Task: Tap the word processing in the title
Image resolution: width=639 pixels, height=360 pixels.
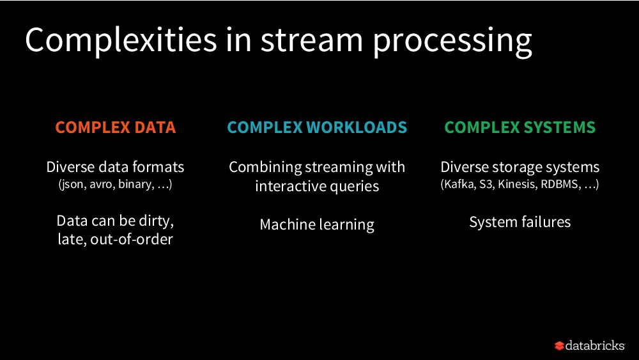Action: click(452, 41)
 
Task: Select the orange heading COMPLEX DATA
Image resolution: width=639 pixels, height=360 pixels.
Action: click(115, 127)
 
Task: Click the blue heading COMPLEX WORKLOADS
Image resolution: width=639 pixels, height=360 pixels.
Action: click(317, 127)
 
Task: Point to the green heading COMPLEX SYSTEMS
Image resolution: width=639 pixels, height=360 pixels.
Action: click(520, 127)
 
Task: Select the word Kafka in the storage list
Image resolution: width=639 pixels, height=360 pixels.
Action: click(458, 185)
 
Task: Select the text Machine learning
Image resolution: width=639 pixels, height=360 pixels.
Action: click(317, 224)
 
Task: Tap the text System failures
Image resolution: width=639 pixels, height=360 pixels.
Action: click(520, 222)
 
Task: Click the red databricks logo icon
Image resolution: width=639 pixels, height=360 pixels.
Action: click(559, 346)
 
